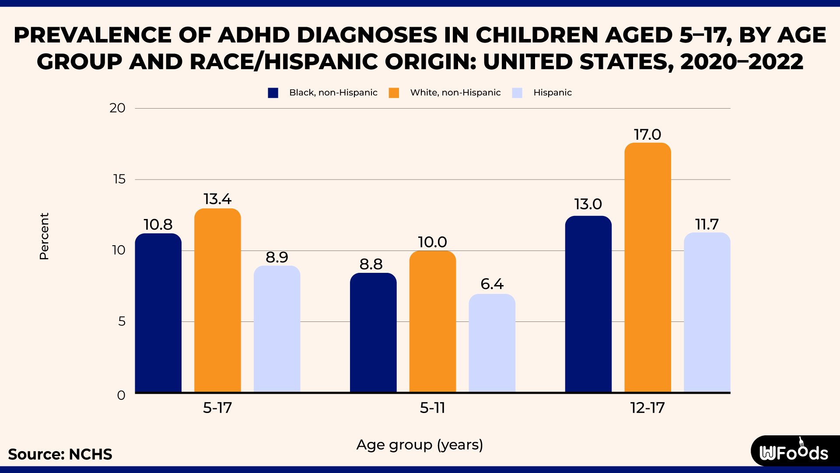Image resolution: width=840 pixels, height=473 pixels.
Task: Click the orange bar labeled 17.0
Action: pos(647,267)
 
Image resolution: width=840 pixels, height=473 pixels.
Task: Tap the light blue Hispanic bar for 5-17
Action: pos(277,328)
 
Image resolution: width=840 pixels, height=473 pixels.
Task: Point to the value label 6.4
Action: pos(492,284)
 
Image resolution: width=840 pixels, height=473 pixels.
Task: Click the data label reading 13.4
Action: pos(217,199)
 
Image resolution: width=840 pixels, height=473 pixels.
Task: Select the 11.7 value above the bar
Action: pos(707,225)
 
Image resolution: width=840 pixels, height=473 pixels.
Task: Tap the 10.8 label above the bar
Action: pos(158,225)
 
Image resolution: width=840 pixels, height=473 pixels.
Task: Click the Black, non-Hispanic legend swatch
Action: pos(273,93)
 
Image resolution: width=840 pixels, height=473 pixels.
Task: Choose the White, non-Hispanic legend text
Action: pos(455,93)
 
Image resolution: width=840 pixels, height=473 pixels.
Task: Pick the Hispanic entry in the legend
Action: pos(552,93)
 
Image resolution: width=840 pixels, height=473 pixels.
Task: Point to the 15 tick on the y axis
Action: pos(119,179)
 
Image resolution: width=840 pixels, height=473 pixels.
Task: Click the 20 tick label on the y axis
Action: pos(117,108)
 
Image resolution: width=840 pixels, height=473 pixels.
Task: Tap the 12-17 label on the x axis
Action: pos(647,408)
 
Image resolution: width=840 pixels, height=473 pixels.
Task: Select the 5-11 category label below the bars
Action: pos(433,408)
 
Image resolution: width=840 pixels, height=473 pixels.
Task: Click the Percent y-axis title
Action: pos(44,236)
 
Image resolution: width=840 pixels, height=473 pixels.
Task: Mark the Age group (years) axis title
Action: pos(420,445)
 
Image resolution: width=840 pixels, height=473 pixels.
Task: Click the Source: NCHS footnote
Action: pos(60,455)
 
